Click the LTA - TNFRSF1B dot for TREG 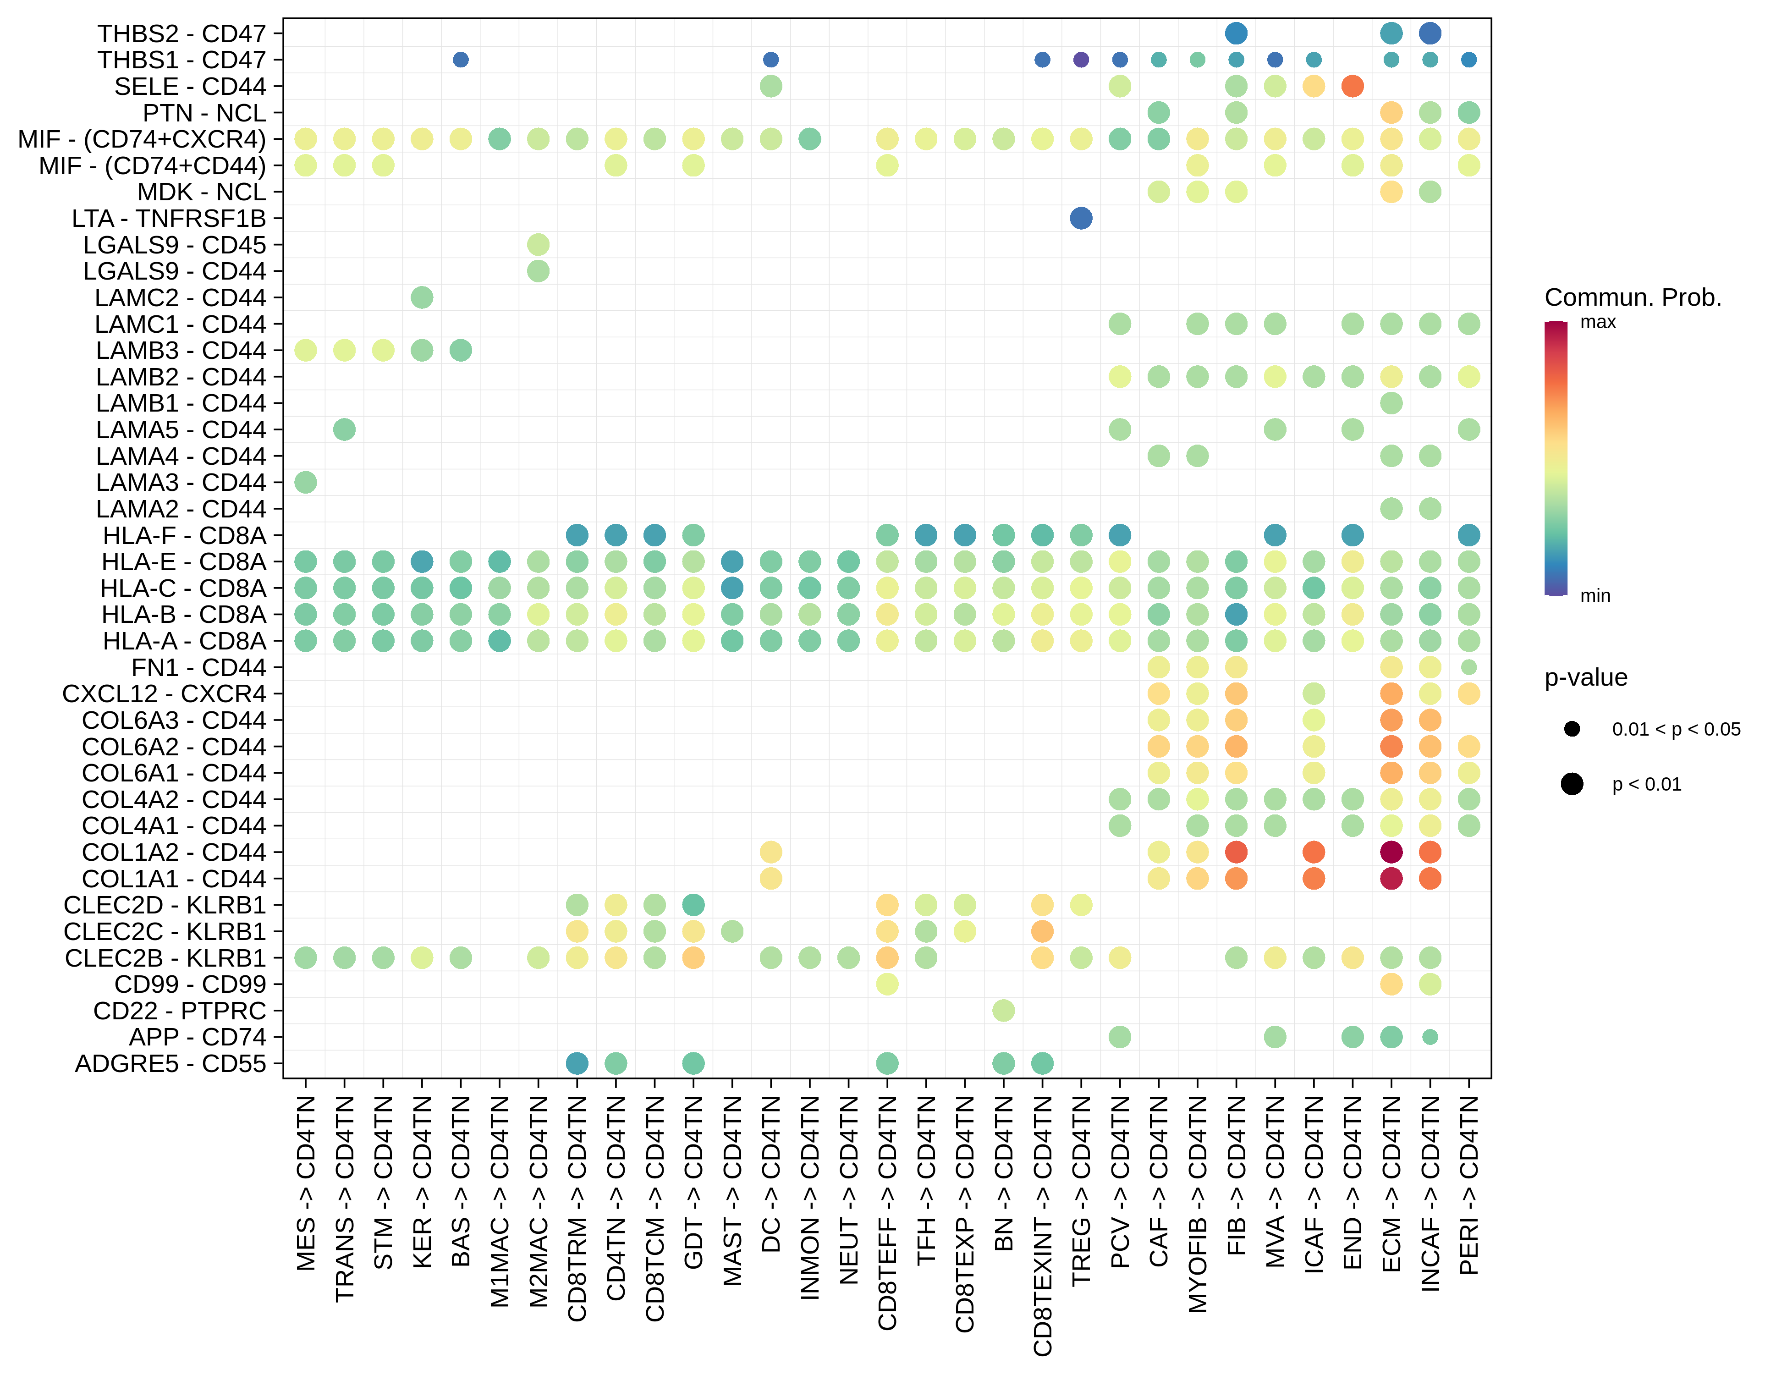pos(1081,218)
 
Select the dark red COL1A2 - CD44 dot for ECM pos(1391,852)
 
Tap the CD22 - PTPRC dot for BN pos(1003,1011)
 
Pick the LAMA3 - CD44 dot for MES pos(306,482)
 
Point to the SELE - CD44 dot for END pos(1353,86)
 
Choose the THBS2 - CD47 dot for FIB pos(1236,33)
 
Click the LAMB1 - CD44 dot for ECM pos(1391,403)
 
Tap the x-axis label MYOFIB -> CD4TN pos(1198,1204)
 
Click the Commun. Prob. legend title pos(1633,297)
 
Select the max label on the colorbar pos(1598,323)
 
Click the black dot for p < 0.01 pos(1572,784)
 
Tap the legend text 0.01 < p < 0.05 pos(1676,729)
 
